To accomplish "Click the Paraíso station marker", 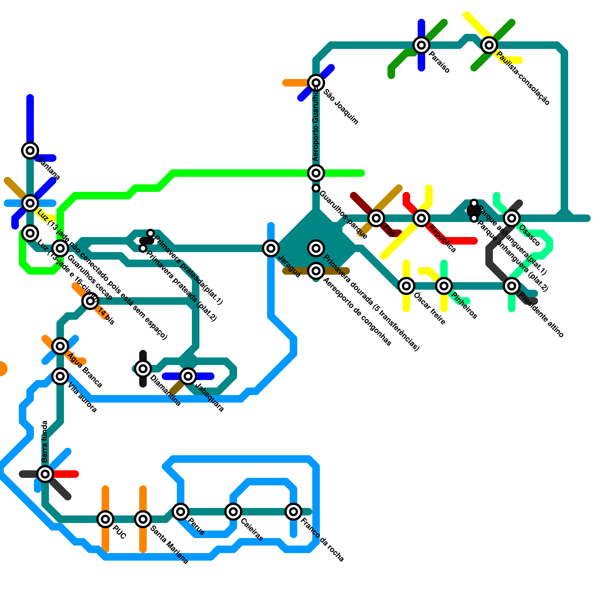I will point(421,45).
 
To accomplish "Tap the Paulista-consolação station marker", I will point(489,45).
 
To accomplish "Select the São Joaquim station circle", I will point(316,83).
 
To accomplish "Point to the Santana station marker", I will point(30,150).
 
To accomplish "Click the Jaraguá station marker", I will point(271,248).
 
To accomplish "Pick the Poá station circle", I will point(376,218).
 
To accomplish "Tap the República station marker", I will point(421,218).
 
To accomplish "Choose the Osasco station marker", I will point(512,218).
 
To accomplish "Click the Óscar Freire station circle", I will point(406,286).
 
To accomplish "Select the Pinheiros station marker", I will point(444,286).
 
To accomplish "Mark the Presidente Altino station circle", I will point(512,286).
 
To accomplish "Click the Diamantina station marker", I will point(143,369).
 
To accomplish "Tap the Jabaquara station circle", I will point(188,376).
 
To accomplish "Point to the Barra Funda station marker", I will point(45,474).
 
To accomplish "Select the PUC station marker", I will point(105,519).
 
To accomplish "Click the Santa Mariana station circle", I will point(143,519).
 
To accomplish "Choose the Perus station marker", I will point(181,512).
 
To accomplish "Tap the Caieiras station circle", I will point(233,512).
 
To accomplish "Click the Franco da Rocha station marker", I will point(293,512).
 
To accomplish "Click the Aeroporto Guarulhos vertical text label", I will point(316,124).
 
